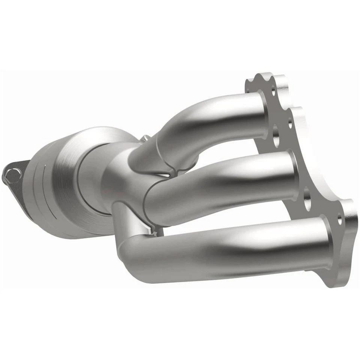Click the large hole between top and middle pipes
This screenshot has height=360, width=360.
[276, 138]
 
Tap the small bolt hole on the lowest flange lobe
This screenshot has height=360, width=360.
[340, 220]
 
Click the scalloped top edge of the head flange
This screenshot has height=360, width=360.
[262, 77]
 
